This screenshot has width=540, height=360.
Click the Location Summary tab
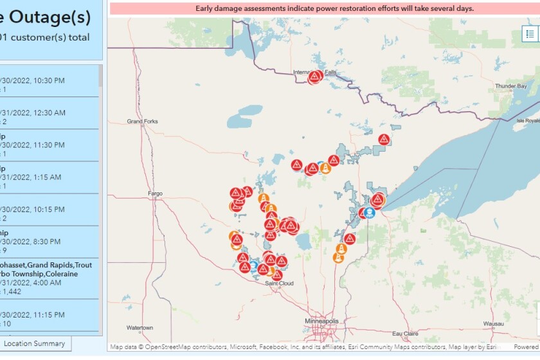(35, 343)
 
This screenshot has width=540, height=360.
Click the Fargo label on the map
(155, 193)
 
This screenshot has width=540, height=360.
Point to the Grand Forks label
(142, 121)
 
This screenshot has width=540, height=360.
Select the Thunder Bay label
(511, 85)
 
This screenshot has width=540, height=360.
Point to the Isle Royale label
(528, 120)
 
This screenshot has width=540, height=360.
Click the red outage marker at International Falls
(314, 77)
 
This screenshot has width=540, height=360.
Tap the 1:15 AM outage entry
(39, 177)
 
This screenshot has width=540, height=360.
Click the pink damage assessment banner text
(334, 8)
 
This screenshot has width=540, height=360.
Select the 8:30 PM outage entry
(39, 242)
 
